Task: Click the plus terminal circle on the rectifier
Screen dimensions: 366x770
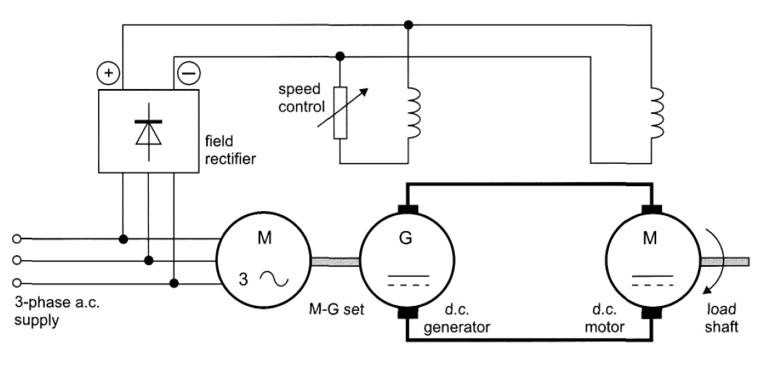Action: (x=107, y=72)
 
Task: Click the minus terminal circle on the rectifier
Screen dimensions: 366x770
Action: (x=187, y=72)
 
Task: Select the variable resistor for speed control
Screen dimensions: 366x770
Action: (x=340, y=113)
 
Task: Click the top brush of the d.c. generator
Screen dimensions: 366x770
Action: (x=406, y=210)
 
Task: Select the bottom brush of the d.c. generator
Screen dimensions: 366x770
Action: (x=406, y=314)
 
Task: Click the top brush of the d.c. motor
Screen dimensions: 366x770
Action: (x=651, y=210)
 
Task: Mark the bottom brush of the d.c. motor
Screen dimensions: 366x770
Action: (x=651, y=314)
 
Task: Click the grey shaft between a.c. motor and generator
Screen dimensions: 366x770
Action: (x=335, y=258)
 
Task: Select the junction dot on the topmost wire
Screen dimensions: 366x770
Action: (x=409, y=25)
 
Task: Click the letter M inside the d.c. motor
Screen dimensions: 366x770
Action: (x=651, y=238)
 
